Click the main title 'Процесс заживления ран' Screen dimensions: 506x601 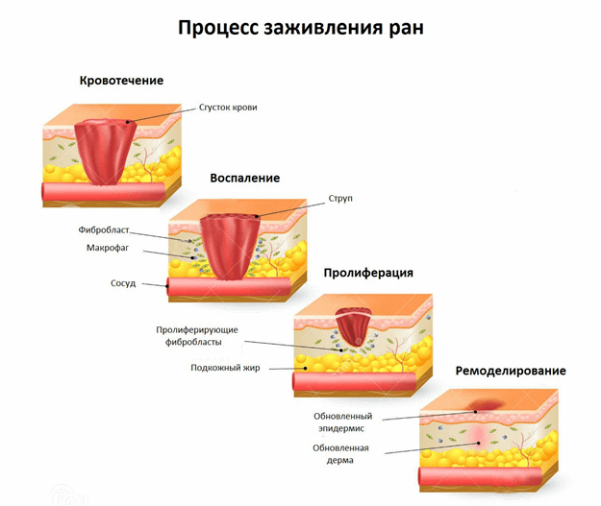pos(300,27)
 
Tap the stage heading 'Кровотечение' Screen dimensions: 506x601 pos(121,81)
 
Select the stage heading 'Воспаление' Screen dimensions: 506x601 pos(245,178)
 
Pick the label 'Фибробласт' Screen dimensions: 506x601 pos(103,231)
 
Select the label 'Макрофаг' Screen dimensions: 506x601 pos(108,248)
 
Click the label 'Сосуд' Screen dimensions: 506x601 pos(124,284)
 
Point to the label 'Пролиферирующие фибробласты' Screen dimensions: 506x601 pos(197,335)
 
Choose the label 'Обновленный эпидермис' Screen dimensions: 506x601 pos(342,422)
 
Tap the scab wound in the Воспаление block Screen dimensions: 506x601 pos(230,244)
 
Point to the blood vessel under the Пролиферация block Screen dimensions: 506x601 pos(356,382)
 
